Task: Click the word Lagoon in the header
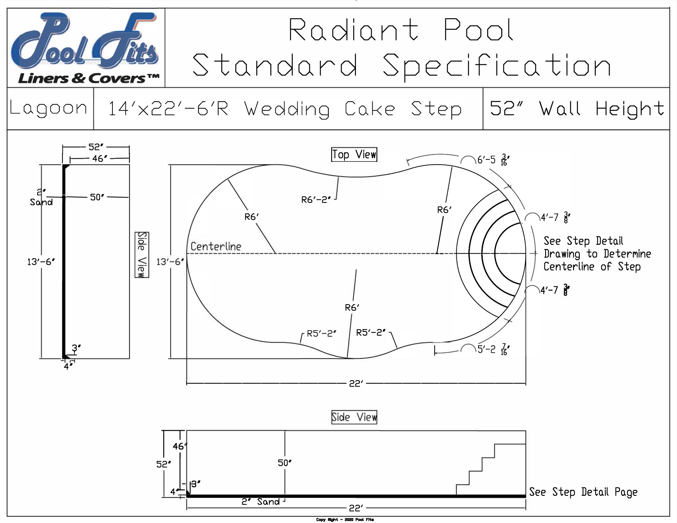[49, 108]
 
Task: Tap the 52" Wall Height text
[577, 109]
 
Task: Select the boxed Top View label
[354, 154]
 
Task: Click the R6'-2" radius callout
[316, 200]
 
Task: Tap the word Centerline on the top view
[216, 246]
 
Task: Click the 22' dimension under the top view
[356, 384]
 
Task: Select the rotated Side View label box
[142, 255]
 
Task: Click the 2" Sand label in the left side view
[41, 197]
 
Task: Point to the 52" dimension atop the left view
[96, 147]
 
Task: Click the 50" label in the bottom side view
[285, 463]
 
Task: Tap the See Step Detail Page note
[583, 492]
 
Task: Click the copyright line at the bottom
[345, 520]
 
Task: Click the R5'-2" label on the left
[321, 334]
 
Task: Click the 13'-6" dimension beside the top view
[170, 262]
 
